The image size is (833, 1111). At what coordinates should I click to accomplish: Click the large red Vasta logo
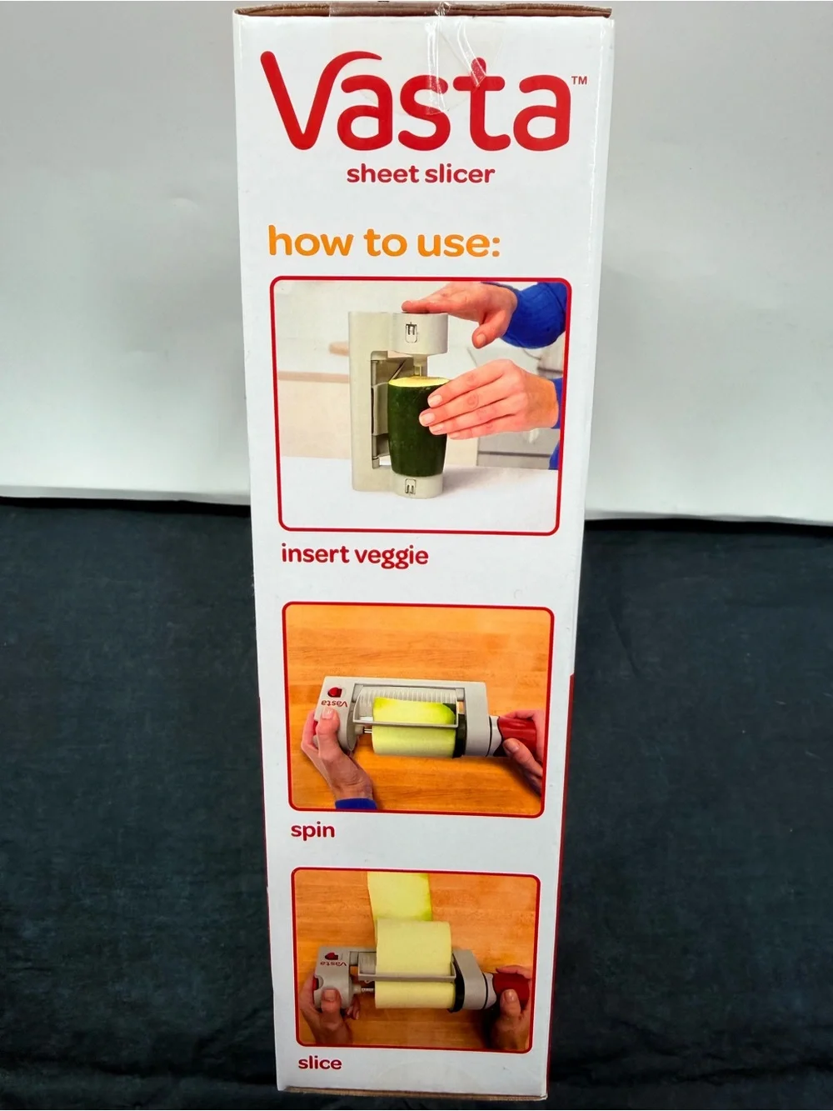[x=416, y=100]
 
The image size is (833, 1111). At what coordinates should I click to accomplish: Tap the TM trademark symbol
[x=579, y=81]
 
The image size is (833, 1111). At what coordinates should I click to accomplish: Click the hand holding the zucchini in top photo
[x=486, y=400]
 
